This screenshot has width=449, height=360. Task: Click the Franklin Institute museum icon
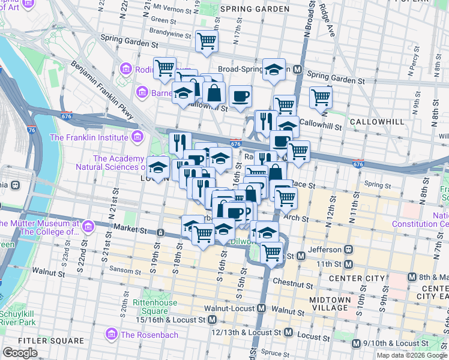[137, 137]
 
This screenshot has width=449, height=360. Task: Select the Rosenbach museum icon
[110, 334]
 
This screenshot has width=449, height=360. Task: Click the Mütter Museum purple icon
[88, 227]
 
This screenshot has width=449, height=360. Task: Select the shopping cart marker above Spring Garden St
[206, 41]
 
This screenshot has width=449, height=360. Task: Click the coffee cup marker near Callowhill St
[240, 96]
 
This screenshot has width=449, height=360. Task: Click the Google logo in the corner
[20, 352]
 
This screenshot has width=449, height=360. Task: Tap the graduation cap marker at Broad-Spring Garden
[274, 70]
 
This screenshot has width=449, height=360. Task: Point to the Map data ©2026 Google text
[412, 355]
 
